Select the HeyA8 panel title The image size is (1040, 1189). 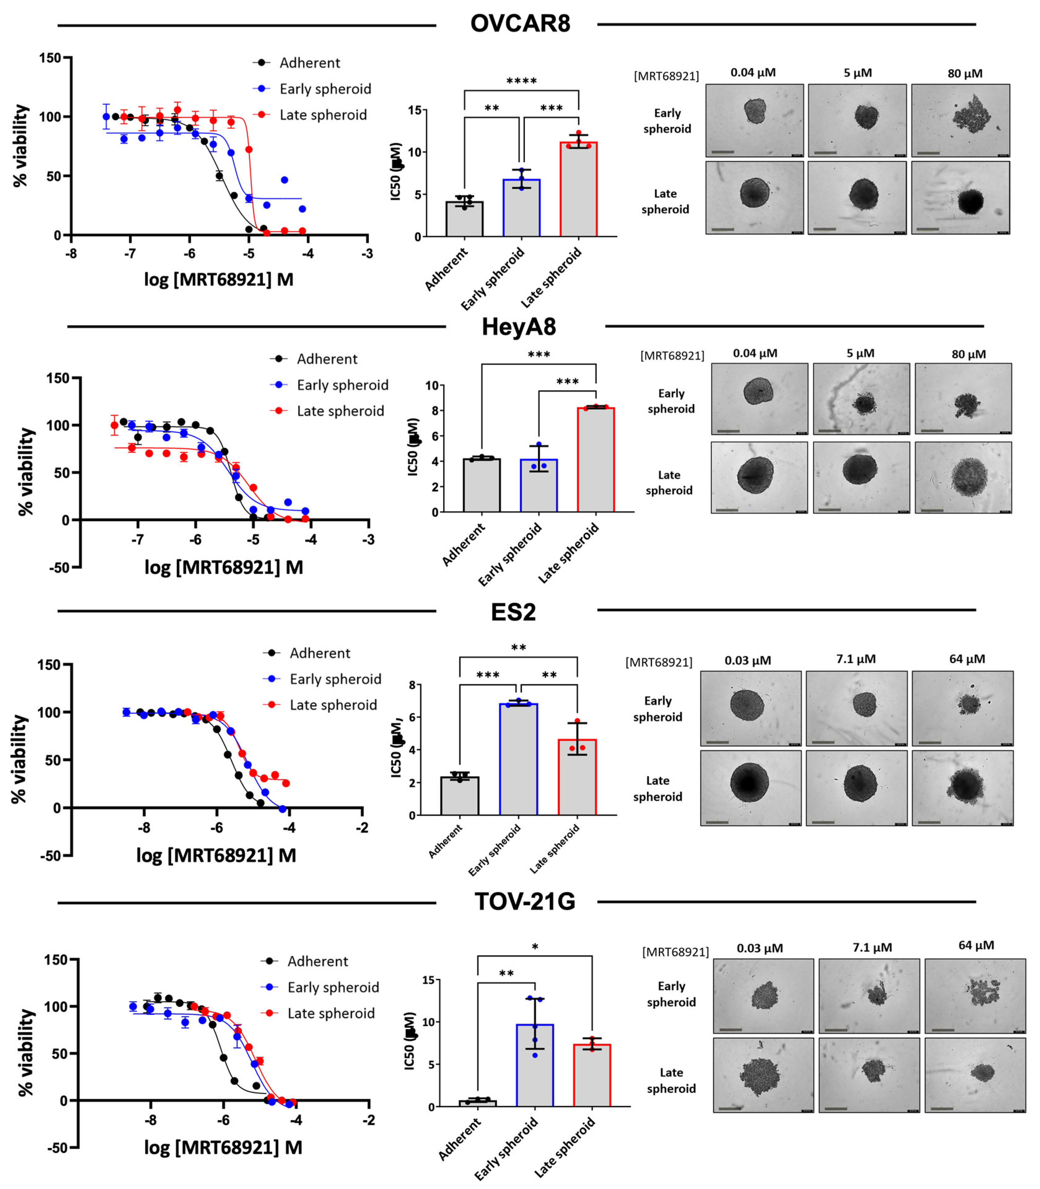518,327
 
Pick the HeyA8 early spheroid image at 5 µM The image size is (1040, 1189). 861,399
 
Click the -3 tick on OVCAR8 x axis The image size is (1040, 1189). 367,254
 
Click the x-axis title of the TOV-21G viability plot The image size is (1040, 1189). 223,1147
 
